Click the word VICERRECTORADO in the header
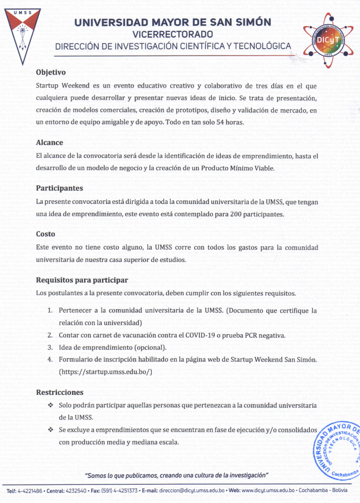pos(173,34)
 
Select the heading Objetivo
pos(51,72)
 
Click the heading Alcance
pos(50,142)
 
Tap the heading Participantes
pos(60,188)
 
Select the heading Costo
pos(46,234)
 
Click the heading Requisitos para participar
pos(82,280)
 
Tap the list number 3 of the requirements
pos(50,347)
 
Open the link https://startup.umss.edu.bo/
pos(106,372)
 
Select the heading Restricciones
pos(60,392)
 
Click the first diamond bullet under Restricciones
pos(50,404)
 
